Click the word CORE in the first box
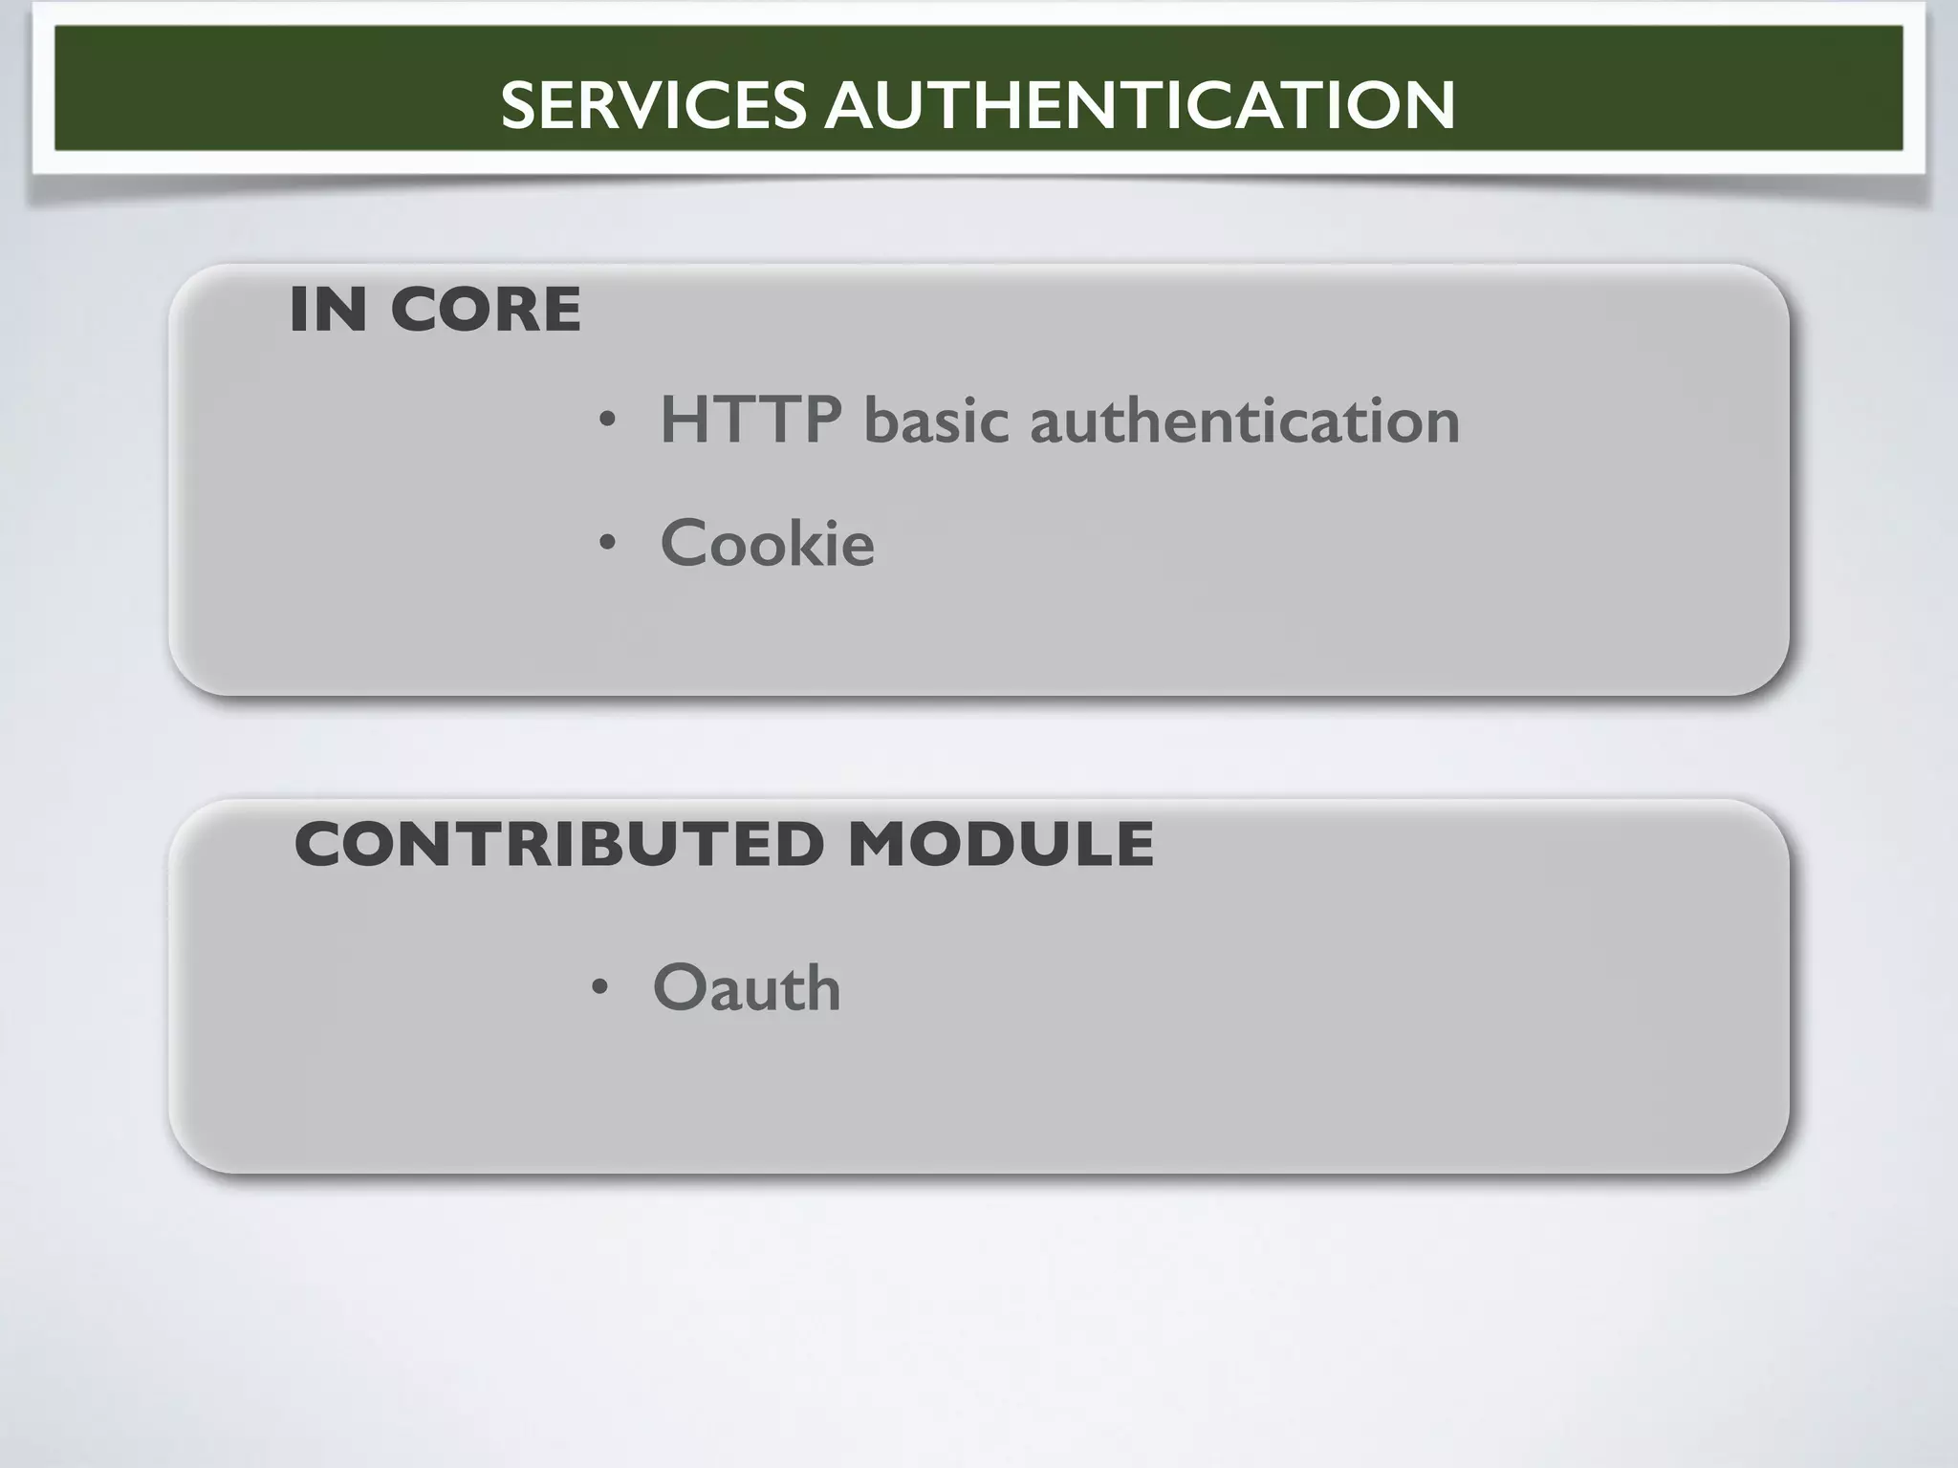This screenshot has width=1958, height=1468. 486,310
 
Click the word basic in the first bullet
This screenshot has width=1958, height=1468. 936,421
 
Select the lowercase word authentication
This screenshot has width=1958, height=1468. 1245,421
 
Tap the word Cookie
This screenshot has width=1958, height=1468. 767,543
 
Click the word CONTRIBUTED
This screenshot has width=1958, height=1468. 559,844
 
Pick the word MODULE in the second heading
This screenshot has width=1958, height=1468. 1001,844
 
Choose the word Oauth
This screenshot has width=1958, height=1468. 747,987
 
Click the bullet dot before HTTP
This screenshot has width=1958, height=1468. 607,421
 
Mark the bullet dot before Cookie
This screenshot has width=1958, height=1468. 607,544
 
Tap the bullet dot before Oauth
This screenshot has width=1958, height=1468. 599,988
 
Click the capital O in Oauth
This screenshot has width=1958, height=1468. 680,988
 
